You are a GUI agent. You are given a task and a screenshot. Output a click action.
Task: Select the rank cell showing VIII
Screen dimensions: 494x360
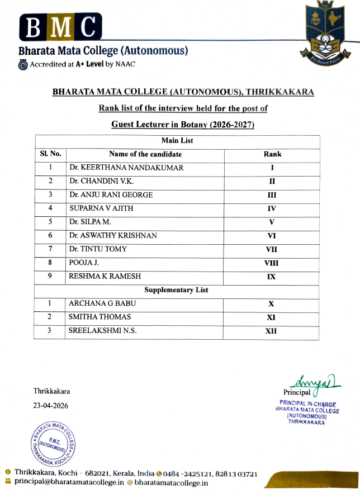272,263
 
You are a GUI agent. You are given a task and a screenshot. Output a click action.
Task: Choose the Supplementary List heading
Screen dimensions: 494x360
176,290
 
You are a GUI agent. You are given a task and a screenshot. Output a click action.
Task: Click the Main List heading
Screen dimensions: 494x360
177,141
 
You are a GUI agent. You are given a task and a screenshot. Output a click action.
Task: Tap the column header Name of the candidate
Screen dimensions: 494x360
145,154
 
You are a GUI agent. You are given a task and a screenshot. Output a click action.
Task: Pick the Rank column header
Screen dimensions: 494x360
272,154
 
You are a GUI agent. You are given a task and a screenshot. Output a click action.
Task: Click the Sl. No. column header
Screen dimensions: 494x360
50,154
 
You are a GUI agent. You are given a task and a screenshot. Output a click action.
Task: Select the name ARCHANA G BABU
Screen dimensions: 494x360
102,303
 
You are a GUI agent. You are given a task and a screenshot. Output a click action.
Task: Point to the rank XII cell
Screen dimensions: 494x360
272,331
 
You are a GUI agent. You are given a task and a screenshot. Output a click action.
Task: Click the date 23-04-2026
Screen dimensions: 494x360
51,405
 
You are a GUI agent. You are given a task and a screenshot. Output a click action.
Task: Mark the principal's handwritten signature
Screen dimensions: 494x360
317,382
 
